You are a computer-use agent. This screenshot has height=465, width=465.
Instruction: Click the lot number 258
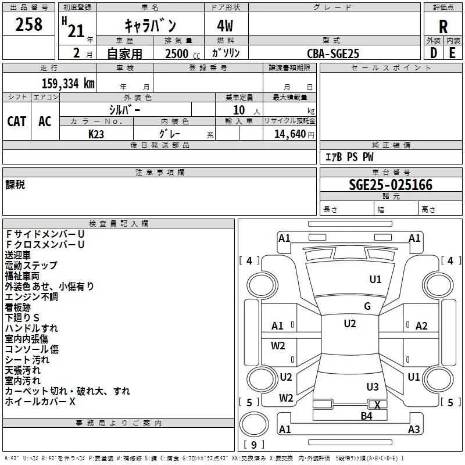point(28,24)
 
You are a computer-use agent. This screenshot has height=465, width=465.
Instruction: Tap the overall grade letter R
point(443,27)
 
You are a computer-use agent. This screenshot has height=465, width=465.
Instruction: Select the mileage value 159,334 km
point(68,83)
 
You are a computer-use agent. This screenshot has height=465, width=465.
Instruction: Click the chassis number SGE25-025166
point(391,185)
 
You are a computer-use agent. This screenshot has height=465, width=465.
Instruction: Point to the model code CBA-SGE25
point(333,53)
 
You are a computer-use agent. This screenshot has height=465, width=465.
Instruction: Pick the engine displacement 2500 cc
point(183,53)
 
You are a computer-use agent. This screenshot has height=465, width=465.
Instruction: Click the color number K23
point(96,134)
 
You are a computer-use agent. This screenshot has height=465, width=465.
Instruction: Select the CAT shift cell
point(17,121)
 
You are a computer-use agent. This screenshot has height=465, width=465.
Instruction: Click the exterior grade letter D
point(434,53)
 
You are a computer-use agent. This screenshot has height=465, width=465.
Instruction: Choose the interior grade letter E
point(452,53)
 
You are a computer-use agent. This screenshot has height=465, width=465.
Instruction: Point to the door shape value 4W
point(225,26)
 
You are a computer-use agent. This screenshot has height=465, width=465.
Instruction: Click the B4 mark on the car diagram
point(366,416)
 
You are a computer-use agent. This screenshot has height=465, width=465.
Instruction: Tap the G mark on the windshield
point(367,306)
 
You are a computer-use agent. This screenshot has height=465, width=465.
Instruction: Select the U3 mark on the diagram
point(373,387)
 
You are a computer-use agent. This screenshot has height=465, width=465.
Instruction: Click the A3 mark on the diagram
point(414,429)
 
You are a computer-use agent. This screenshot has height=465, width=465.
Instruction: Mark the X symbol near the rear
point(377,405)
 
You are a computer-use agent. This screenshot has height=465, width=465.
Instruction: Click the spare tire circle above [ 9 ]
point(254,424)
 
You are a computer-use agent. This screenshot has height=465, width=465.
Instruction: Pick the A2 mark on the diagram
point(421,326)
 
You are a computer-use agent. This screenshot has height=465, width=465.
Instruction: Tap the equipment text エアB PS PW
point(349,157)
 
